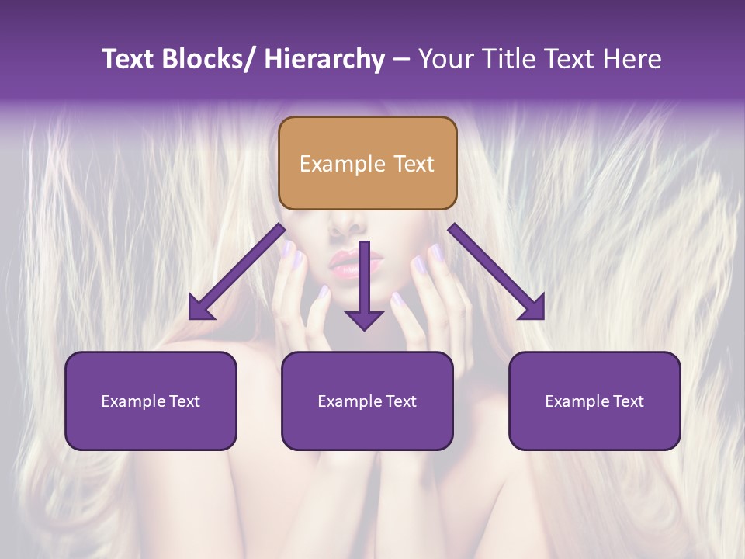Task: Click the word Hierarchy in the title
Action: [x=324, y=59]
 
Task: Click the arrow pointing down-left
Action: [x=237, y=271]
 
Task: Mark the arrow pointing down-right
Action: [x=497, y=271]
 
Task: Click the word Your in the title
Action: [x=444, y=59]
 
